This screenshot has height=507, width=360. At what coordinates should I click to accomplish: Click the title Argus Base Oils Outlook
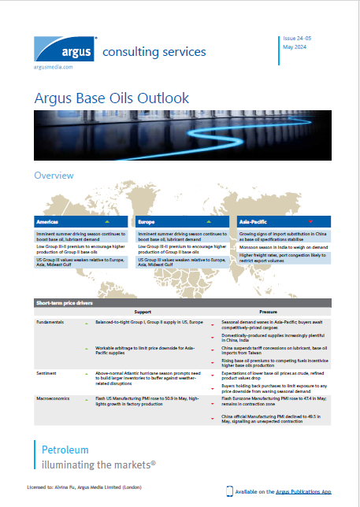point(112,98)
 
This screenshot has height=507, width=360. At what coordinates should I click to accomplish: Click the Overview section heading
point(54,176)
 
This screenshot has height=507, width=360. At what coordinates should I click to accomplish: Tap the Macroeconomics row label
point(55,399)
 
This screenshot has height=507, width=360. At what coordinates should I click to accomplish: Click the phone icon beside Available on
point(229,491)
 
